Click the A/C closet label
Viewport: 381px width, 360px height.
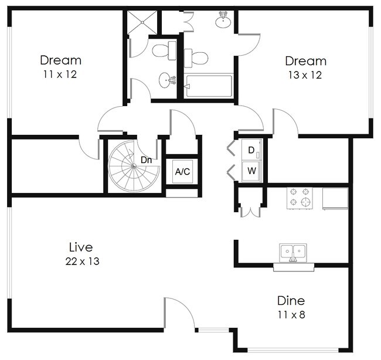coord(182,172)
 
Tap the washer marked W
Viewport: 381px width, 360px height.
coord(251,171)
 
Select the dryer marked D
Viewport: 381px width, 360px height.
coord(251,150)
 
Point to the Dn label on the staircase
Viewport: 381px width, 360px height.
coord(146,159)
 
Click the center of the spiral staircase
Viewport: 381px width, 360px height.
coord(134,167)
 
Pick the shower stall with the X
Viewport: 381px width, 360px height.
coord(142,23)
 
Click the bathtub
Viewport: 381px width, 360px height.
coord(209,86)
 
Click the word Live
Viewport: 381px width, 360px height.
coord(81,247)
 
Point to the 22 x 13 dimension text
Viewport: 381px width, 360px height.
coord(82,261)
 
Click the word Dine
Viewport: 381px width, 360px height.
coord(291,301)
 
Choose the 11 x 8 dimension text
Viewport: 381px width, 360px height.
coord(291,315)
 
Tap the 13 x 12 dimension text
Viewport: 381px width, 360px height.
coord(305,74)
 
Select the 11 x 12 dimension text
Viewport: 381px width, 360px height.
coord(60,74)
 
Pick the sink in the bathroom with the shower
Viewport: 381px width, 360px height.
coord(166,80)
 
